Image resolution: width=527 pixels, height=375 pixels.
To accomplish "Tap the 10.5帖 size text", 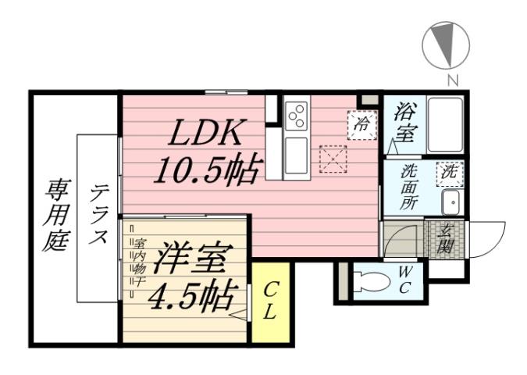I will pos(207,168).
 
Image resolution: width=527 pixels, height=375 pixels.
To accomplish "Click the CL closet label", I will pos(269,302).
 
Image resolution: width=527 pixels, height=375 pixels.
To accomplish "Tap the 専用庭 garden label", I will pos(56,215).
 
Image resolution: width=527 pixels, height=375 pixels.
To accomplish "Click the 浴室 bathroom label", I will pos(404,123).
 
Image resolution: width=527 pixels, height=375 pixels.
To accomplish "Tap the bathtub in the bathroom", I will pos(446,125).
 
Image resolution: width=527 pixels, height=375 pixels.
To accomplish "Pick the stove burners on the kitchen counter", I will pos(296,116).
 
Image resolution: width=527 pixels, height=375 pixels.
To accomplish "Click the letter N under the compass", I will pos(451,78).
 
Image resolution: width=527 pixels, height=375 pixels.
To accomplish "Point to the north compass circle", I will pos(445,45).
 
